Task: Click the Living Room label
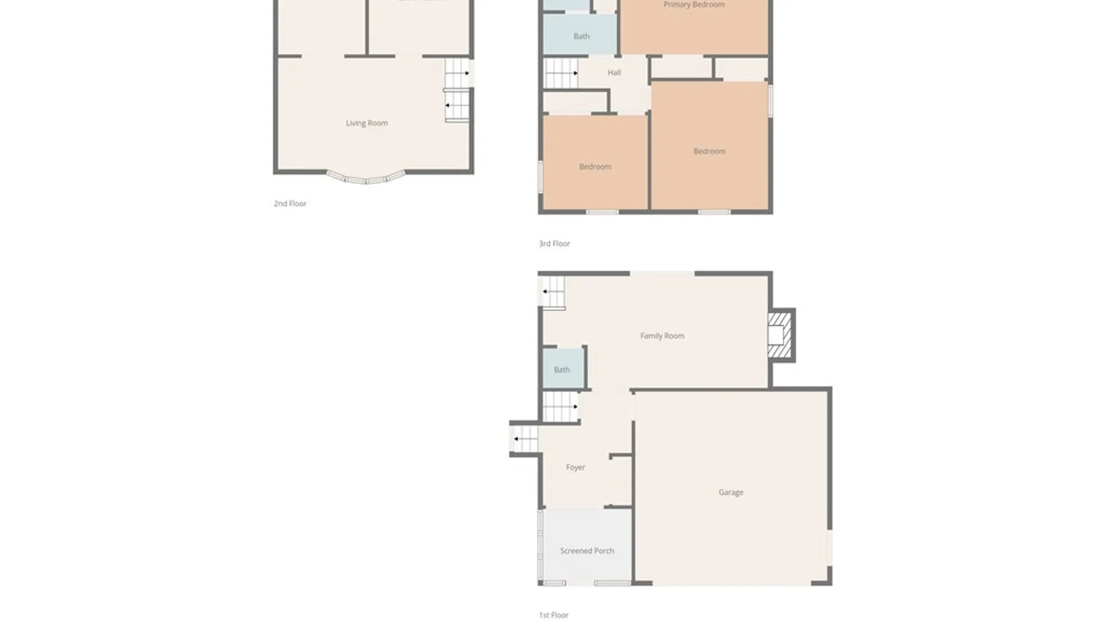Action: point(367,123)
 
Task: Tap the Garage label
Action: point(731,492)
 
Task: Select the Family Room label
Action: point(662,336)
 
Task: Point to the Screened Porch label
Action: point(587,551)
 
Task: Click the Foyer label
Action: point(575,467)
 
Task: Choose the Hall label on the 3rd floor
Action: point(614,73)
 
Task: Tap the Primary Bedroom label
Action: point(694,5)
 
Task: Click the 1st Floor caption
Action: point(554,615)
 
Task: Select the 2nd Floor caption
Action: point(290,204)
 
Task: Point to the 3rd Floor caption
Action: point(554,244)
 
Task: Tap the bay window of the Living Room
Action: point(366,178)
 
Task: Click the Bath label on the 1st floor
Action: point(562,370)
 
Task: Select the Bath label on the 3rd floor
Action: point(581,36)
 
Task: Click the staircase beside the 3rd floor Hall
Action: point(561,73)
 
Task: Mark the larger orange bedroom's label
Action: point(709,151)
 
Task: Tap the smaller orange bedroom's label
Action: point(595,167)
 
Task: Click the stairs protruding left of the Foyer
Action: point(524,439)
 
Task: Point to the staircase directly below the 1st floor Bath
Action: point(560,407)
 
